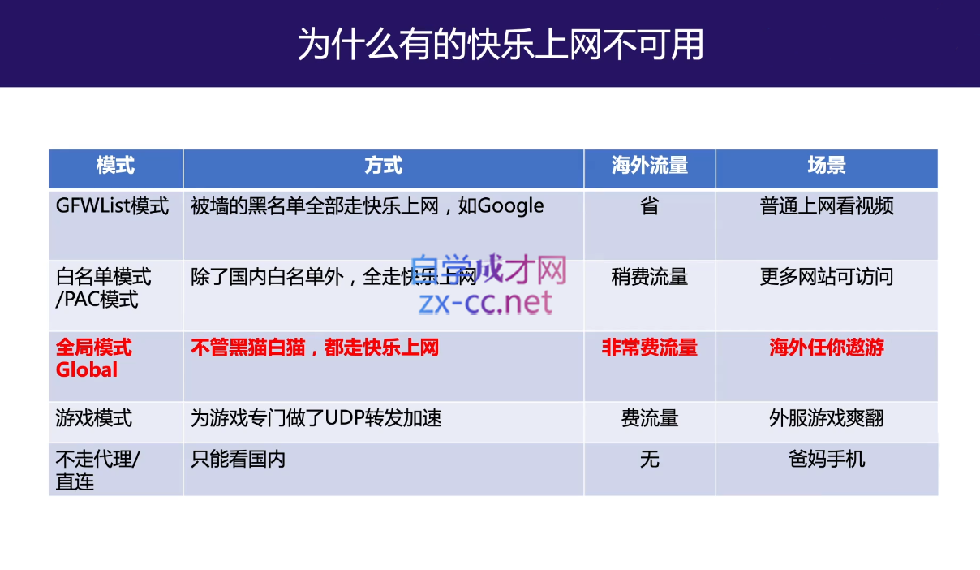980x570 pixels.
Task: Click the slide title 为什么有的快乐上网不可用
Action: click(501, 44)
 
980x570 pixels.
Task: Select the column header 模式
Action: click(115, 166)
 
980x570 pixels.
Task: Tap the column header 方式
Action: click(383, 166)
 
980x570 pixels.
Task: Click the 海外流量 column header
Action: click(650, 166)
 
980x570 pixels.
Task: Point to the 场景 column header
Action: click(827, 166)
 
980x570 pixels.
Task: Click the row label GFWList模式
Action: click(112, 205)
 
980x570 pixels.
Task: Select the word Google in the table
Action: click(510, 206)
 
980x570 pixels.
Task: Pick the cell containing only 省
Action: click(650, 205)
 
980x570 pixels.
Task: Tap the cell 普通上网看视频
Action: click(827, 205)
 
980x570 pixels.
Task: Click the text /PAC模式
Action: click(97, 300)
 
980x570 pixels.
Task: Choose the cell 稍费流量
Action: click(650, 277)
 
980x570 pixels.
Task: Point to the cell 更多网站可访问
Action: click(827, 277)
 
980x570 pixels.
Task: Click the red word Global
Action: click(87, 370)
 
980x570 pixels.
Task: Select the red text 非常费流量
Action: click(650, 348)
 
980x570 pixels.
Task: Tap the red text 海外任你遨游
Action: click(827, 348)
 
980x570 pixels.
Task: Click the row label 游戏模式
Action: click(93, 418)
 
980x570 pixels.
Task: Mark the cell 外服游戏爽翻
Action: click(827, 418)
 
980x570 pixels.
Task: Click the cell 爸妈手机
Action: click(827, 460)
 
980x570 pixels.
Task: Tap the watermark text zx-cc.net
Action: click(485, 303)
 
